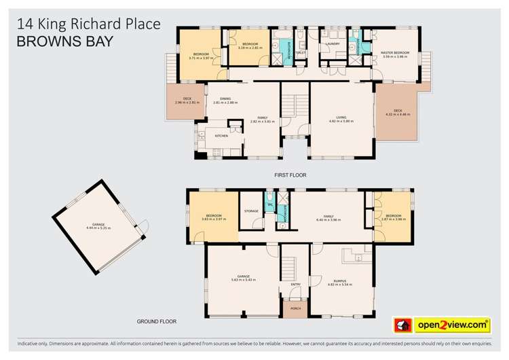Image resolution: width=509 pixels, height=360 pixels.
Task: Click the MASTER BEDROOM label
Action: tap(396, 54)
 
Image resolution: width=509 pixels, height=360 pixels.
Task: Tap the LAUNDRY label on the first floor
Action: tap(333, 43)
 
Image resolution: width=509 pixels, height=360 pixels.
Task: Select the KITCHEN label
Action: tap(221, 137)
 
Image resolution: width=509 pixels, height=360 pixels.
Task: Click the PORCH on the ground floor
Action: tap(295, 309)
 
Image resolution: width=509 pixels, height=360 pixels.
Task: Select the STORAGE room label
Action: tap(252, 211)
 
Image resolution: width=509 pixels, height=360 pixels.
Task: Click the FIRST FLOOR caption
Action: tap(290, 175)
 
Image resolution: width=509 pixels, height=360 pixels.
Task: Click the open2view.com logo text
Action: tap(454, 325)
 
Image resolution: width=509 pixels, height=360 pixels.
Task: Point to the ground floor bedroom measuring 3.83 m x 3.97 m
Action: tap(212, 219)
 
